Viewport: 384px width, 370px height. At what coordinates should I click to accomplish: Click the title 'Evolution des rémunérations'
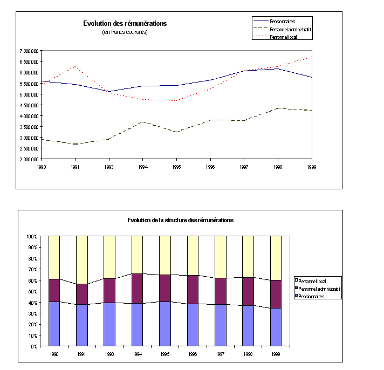pos(125,23)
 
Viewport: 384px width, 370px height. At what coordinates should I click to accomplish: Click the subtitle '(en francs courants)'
pos(125,32)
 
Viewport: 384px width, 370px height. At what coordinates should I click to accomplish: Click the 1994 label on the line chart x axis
pos(142,167)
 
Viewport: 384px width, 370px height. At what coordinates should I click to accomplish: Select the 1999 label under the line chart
pos(311,167)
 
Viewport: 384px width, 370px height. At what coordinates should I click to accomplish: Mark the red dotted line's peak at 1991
pos(76,67)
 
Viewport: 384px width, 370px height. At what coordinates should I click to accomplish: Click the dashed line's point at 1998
pos(278,108)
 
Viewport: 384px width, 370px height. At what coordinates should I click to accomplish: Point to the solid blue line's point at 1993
pos(109,91)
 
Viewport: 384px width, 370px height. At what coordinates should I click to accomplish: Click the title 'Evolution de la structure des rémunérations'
pos(180,220)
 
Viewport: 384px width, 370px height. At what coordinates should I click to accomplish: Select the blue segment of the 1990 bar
pos(54,324)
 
